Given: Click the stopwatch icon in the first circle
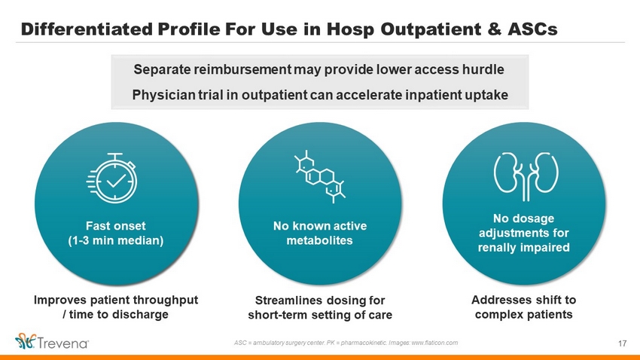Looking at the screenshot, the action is (112, 178).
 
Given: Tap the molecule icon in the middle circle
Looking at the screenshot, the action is (320, 176).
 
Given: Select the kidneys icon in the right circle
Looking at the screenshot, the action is (526, 176).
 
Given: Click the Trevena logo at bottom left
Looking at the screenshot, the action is (52, 342).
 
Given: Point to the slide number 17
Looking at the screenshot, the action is (622, 343).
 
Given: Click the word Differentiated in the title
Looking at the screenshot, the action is (87, 29).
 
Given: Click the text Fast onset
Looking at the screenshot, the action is (115, 226).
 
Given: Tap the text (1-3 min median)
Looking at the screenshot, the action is (116, 240).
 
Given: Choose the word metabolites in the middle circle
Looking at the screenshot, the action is (319, 240).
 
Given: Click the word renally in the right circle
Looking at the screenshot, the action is (496, 247).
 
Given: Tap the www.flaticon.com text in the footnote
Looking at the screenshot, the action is (434, 343).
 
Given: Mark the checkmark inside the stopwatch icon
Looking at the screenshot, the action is (116, 181).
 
